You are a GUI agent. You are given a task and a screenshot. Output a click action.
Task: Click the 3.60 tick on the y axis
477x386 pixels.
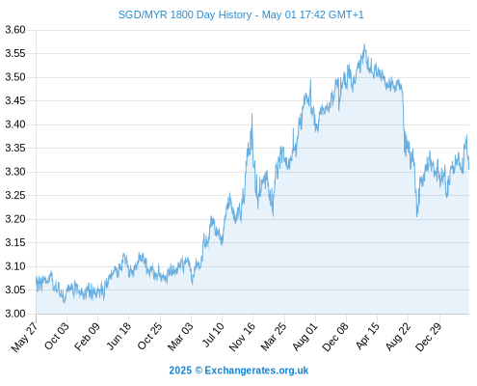(15, 30)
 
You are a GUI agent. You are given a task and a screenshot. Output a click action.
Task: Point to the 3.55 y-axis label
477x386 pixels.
(15, 53)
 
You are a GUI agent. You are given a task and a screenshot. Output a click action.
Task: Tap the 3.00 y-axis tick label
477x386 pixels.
(15, 314)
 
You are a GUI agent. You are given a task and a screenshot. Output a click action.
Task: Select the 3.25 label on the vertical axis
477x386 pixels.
(15, 195)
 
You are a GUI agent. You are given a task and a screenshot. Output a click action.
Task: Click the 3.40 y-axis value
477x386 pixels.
(15, 124)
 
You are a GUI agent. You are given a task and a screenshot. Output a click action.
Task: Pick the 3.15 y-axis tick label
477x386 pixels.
(15, 242)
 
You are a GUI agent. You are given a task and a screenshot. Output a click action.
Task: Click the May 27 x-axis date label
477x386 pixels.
(25, 337)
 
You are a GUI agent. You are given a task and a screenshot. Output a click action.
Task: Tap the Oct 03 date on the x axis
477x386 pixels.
(57, 336)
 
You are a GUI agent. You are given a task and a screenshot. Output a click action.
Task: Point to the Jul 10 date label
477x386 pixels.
(213, 335)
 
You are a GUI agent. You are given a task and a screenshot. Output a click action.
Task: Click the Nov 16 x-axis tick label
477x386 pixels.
(242, 337)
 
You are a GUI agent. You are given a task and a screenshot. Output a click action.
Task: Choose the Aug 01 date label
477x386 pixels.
(305, 336)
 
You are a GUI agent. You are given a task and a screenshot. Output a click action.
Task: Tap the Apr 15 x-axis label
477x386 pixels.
(368, 336)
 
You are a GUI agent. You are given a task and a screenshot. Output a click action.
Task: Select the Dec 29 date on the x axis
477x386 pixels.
(429, 337)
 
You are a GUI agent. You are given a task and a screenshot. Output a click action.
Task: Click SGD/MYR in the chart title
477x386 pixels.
(143, 14)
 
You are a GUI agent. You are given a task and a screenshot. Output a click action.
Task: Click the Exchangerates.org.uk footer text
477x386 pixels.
(256, 371)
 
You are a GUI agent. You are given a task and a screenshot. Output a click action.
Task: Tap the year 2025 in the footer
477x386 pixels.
(180, 371)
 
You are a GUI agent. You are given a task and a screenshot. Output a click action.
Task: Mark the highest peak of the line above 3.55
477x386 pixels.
(364, 44)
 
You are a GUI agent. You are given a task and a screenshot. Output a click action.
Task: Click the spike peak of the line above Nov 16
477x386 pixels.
(252, 114)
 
